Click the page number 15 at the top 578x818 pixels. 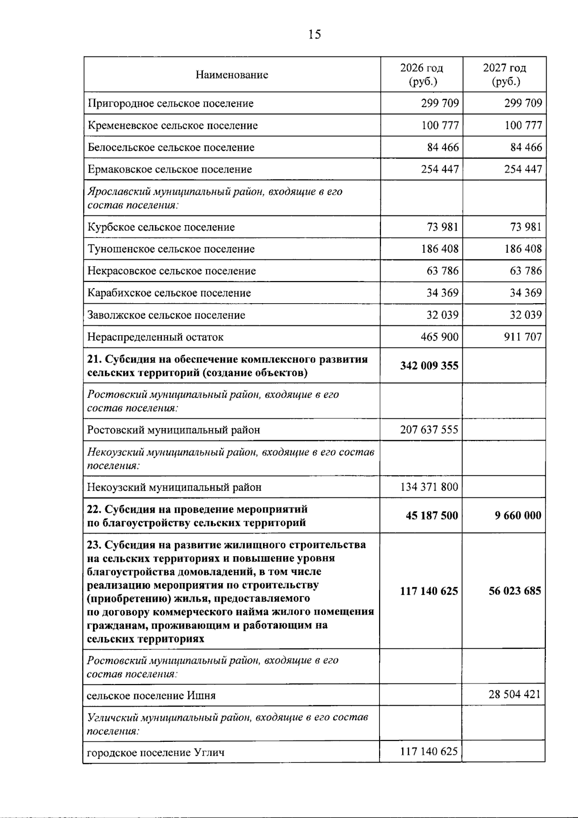314,34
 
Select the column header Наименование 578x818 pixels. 232,75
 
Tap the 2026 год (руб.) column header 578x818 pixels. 421,75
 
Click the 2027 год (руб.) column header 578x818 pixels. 505,75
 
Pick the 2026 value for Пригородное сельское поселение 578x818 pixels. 439,103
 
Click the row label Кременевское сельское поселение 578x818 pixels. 172,125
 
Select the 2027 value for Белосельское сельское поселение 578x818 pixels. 526,147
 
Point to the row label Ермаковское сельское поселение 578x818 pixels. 170,169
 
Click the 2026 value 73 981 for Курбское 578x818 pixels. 442,227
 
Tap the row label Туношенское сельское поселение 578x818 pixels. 171,249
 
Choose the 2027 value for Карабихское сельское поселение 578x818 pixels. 525,293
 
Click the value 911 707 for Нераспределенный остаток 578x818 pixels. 523,336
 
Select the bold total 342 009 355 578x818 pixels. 429,365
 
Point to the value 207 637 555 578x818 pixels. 429,429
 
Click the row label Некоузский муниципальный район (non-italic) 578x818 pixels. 174,487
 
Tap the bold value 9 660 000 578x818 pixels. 518,515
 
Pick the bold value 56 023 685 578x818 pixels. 514,590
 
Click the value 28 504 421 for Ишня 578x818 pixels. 514,695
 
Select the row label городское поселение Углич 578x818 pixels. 156,752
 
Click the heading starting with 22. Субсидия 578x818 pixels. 197,516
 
